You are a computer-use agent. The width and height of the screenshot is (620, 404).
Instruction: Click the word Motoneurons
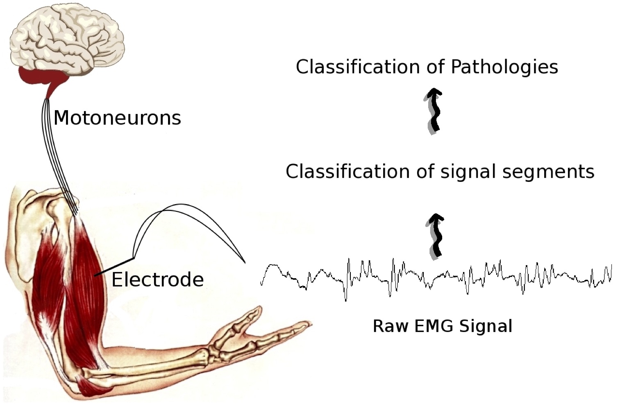[x=117, y=118]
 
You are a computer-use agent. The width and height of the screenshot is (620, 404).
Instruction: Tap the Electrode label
[x=157, y=280]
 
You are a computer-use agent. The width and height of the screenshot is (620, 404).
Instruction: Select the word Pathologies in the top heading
[x=504, y=67]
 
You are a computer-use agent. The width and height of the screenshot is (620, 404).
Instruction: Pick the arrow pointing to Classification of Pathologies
[x=434, y=110]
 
